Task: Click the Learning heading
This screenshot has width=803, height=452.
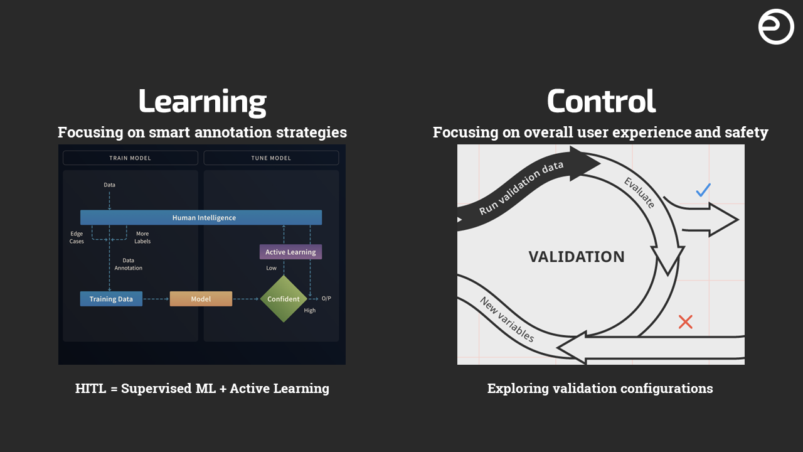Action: point(203,102)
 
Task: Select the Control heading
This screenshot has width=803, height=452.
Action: point(601,101)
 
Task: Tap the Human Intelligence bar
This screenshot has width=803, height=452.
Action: point(201,217)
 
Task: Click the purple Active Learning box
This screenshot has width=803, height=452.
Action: point(290,252)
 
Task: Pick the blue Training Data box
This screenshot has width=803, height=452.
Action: point(111,299)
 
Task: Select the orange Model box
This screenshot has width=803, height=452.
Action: point(201,299)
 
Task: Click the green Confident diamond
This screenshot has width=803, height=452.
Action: point(284,299)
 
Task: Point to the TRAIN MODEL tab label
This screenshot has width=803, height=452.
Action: point(130,158)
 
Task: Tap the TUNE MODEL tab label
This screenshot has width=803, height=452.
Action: point(271,158)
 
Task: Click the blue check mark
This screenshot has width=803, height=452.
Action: point(703,190)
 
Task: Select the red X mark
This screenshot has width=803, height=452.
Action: point(686,322)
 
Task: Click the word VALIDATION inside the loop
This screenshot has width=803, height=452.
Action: point(577,257)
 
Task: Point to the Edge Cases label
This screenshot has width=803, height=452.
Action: point(77,237)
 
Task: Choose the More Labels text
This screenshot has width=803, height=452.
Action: point(142,237)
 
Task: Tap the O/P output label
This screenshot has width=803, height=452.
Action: point(326,298)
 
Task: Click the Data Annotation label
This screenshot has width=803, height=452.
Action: point(129,264)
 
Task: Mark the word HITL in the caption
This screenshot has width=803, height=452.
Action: point(91,388)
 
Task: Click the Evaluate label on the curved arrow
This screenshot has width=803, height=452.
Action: point(639,192)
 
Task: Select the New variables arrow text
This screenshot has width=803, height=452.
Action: point(507,319)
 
